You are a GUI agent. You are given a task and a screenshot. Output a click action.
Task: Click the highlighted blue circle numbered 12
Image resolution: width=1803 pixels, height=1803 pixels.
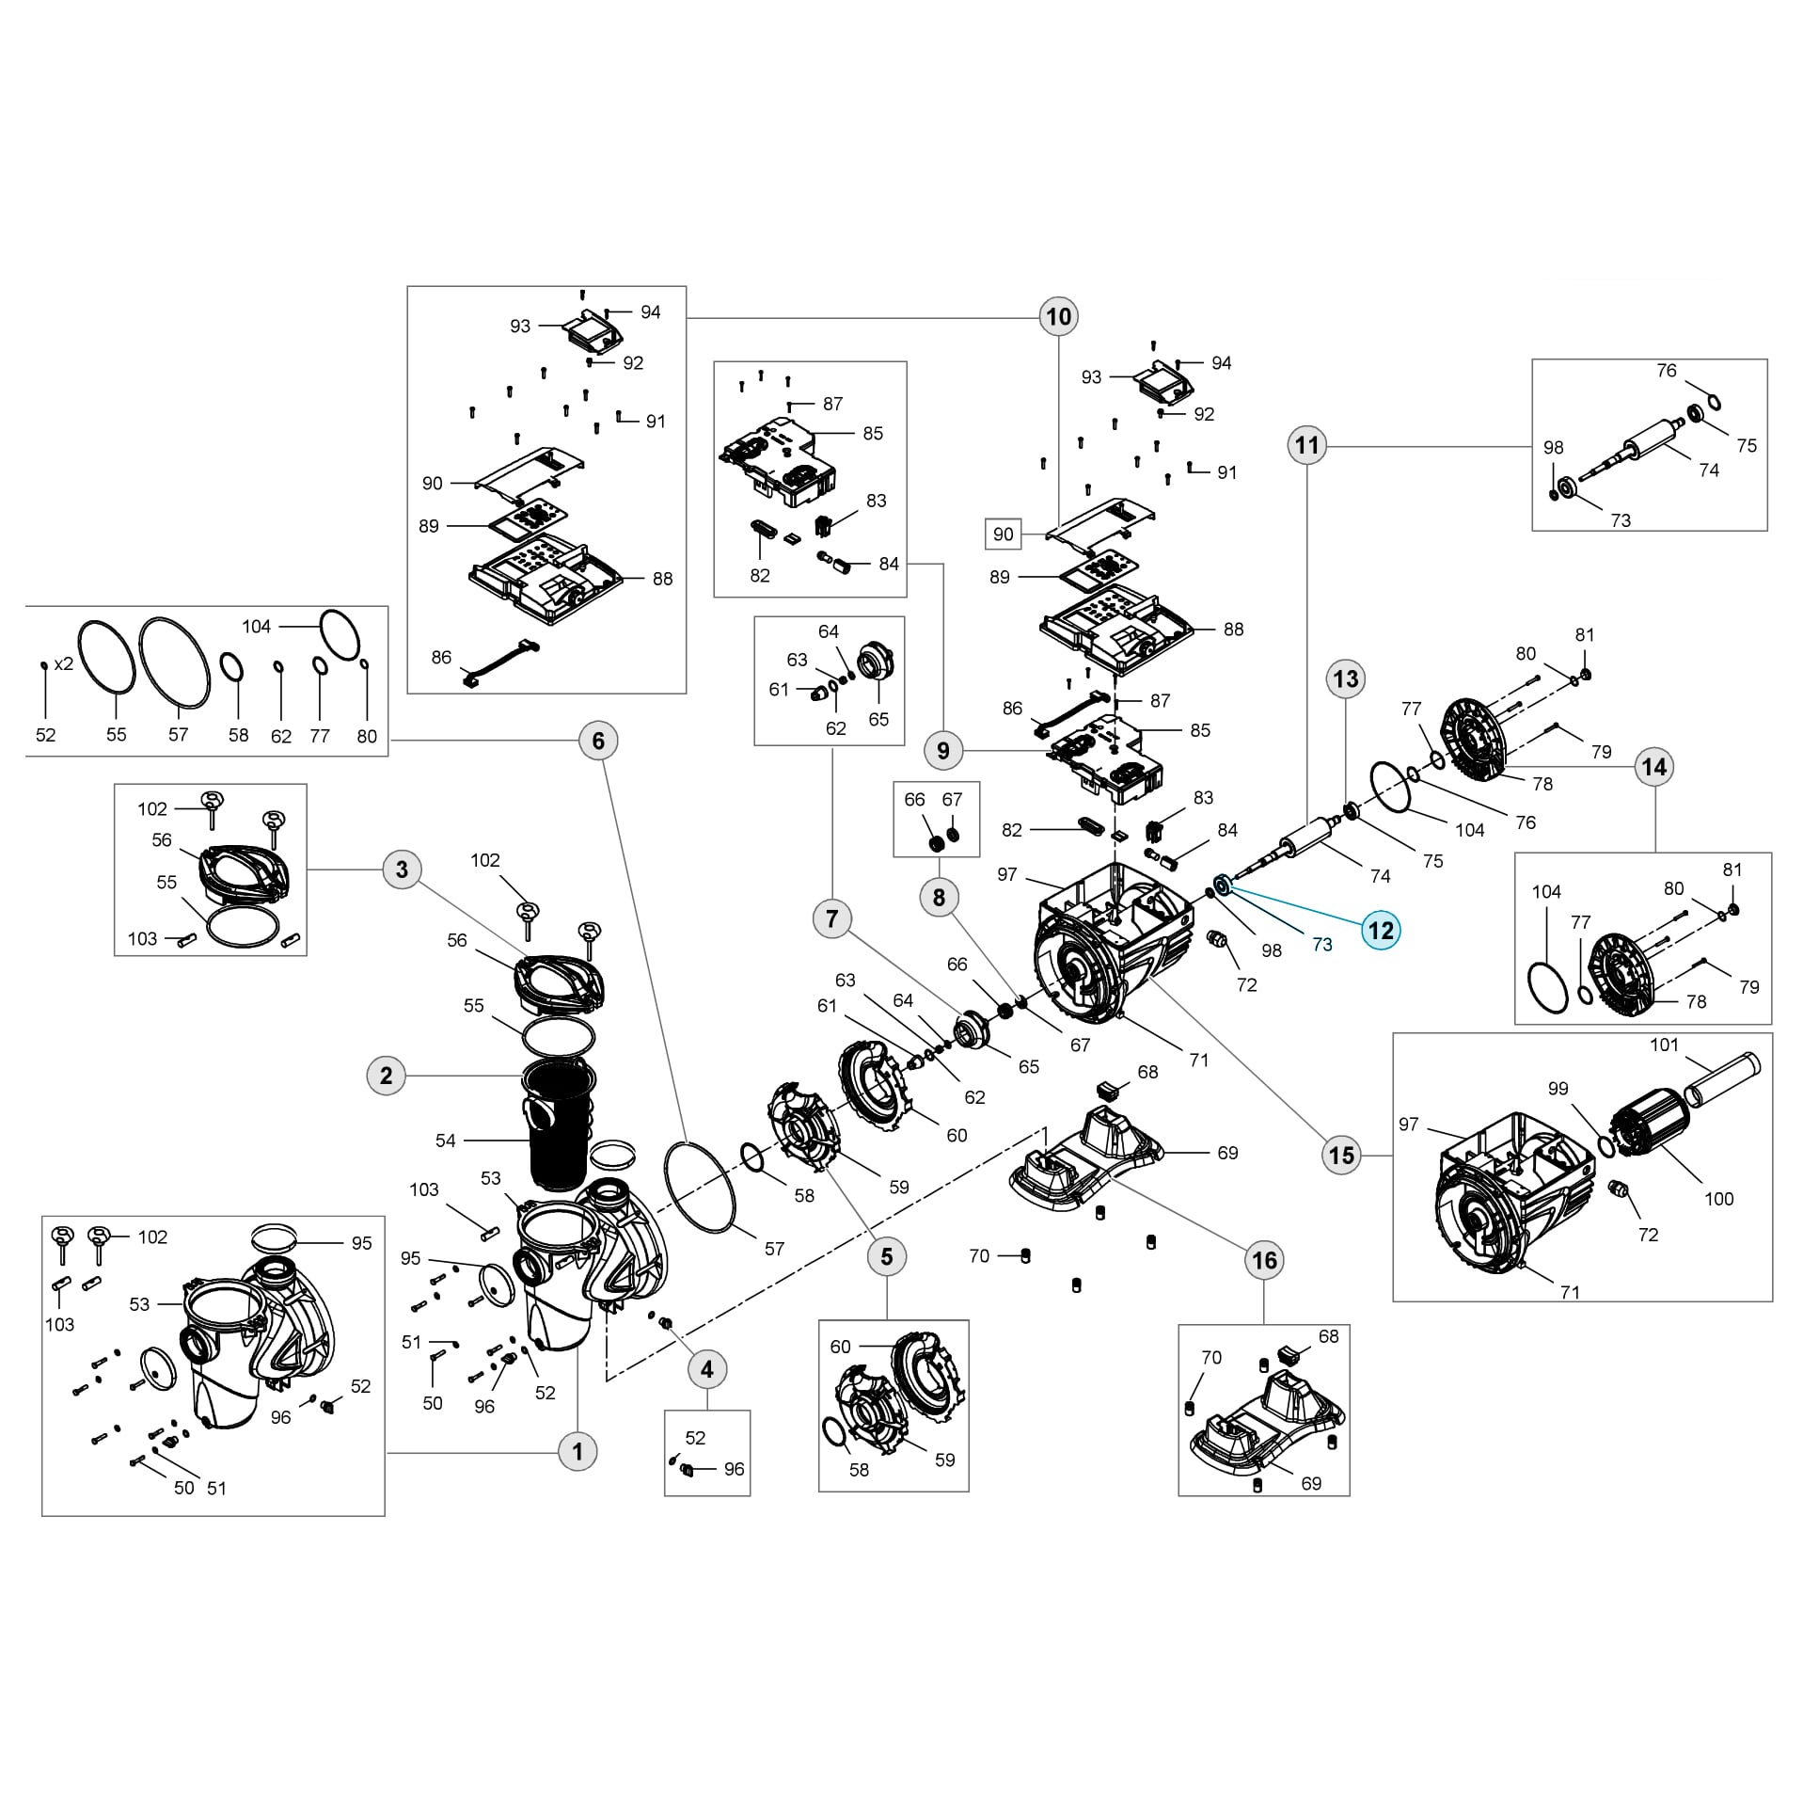click(1380, 931)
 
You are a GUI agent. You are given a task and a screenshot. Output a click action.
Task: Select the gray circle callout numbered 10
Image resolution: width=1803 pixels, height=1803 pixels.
click(1058, 316)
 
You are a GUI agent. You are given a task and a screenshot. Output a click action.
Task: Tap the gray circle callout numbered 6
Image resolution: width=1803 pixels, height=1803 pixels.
click(598, 741)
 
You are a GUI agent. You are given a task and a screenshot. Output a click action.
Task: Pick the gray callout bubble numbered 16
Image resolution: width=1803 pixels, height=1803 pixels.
click(1264, 1260)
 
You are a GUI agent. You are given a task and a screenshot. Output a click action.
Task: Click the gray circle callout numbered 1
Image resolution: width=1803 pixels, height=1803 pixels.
click(577, 1451)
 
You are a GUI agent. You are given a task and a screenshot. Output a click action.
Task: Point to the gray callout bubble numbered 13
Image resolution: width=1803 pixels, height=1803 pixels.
click(1346, 678)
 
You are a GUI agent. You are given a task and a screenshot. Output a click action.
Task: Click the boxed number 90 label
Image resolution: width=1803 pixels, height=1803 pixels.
click(1004, 535)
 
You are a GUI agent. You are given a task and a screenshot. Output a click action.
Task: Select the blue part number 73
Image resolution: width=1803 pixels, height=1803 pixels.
click(1321, 945)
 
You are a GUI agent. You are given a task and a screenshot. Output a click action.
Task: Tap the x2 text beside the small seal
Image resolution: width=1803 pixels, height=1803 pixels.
click(63, 663)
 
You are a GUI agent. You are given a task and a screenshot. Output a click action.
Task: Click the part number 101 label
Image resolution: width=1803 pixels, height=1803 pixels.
click(1664, 1045)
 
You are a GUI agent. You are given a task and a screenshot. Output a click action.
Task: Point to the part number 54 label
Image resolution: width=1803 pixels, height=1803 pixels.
click(446, 1141)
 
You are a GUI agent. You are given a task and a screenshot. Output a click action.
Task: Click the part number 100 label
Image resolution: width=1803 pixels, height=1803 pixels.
click(1718, 1199)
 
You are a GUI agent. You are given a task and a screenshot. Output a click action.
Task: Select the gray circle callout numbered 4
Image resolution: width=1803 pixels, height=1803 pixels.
click(707, 1369)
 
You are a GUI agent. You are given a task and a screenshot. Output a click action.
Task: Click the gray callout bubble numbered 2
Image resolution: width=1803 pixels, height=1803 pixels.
click(386, 1076)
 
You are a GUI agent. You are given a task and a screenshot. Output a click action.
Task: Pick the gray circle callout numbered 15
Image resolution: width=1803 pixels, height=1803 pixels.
click(1341, 1155)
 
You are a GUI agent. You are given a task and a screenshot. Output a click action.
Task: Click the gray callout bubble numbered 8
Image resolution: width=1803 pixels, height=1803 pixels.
click(939, 897)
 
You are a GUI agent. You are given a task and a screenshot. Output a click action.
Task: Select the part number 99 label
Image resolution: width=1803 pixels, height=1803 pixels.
click(1558, 1089)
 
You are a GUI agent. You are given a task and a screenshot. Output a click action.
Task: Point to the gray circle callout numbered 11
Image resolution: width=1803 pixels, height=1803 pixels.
click(1307, 445)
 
